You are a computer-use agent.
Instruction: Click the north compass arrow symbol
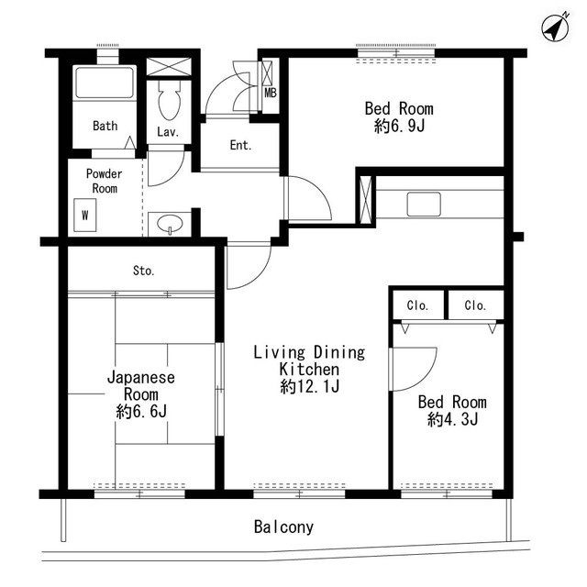pos(556,28)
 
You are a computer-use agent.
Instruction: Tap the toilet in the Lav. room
pos(169,100)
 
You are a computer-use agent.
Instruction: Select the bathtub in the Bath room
pos(105,83)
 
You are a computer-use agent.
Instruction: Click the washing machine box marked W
pos(85,215)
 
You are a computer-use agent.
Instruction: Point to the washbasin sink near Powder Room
pos(170,224)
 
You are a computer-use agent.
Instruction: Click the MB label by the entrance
pos(271,93)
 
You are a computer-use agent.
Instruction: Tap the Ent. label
pos(240,145)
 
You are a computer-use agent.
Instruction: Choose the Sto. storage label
pos(144,271)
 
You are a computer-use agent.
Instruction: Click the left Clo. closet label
pos(417,305)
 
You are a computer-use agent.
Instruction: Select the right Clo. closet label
pos(475,305)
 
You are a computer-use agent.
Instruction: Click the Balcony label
pos(283,527)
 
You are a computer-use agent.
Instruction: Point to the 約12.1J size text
pos(310,386)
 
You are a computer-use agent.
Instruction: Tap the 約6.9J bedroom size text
pos(400,127)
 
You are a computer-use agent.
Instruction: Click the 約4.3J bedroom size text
pos(452,419)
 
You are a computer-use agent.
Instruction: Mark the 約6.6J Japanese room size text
pos(141,412)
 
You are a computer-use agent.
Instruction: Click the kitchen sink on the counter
pos(424,205)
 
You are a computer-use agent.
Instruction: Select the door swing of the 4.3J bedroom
pos(424,378)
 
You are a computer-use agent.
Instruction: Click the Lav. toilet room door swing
pos(173,175)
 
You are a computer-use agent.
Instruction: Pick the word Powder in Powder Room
pos(104,173)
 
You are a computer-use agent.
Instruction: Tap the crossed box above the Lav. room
pos(169,67)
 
